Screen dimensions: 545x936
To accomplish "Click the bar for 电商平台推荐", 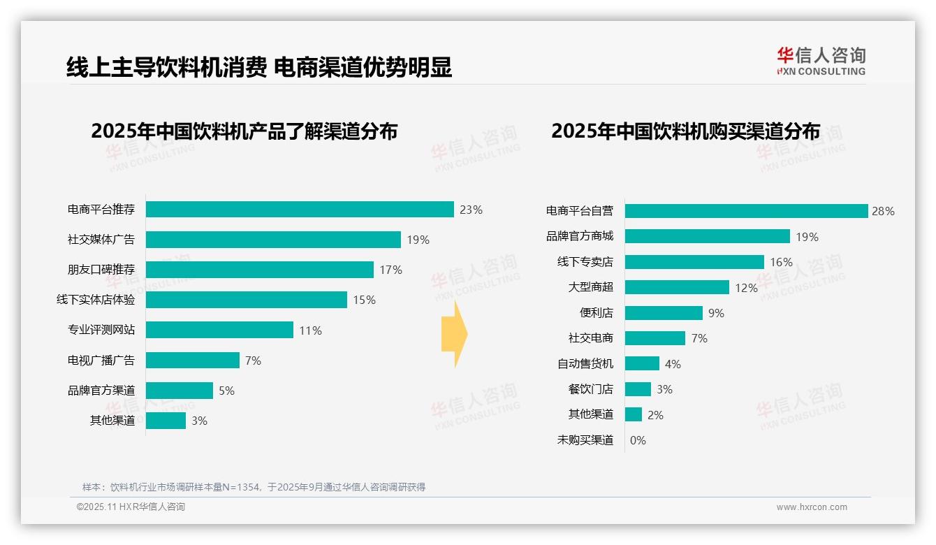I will (x=300, y=210).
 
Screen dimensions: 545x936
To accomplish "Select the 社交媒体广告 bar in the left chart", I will (x=273, y=240).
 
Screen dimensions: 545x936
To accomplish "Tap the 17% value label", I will (x=390, y=270).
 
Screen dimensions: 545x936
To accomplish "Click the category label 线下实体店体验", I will (x=96, y=300).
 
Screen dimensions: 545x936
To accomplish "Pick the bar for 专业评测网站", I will (x=219, y=330).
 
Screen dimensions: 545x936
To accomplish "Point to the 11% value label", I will (x=310, y=330).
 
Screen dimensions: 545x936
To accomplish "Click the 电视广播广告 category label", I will (x=101, y=361).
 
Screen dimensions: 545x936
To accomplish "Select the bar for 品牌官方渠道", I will (x=179, y=391).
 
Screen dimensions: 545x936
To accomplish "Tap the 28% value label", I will (x=883, y=211).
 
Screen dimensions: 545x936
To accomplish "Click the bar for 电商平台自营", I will (x=746, y=211).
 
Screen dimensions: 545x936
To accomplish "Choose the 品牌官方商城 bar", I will (x=707, y=236).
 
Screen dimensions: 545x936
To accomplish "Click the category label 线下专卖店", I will (x=585, y=262).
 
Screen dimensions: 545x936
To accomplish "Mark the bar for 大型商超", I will (x=677, y=287).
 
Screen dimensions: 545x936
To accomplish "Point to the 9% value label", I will (x=716, y=313).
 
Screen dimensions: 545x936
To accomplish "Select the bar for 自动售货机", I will (x=642, y=363).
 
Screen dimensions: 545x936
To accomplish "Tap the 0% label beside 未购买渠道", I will (x=638, y=440).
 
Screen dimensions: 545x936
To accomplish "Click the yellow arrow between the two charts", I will (x=455, y=334).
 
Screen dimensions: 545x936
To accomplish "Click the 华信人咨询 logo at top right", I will (x=821, y=61).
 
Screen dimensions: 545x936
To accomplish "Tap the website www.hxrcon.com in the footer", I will (x=812, y=507).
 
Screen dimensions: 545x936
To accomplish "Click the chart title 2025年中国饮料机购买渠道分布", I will (x=685, y=131).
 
